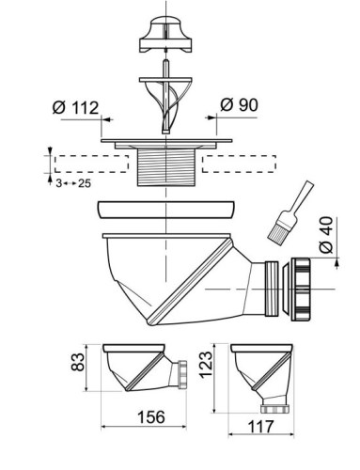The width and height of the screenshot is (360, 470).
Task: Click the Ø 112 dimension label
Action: click(75, 107)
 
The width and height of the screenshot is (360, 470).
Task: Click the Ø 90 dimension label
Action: click(239, 104)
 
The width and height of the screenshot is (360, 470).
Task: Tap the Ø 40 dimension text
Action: click(326, 235)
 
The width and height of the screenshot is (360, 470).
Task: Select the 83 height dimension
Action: click(78, 362)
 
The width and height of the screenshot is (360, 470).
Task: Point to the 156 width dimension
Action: click(151, 417)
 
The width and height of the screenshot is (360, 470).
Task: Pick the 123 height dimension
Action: click(206, 365)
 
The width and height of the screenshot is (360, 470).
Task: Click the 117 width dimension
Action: click(261, 427)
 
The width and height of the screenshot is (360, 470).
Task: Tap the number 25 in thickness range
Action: click(85, 183)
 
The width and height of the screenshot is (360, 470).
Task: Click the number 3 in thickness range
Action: click(59, 183)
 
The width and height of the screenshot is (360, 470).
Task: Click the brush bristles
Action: click(277, 231)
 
